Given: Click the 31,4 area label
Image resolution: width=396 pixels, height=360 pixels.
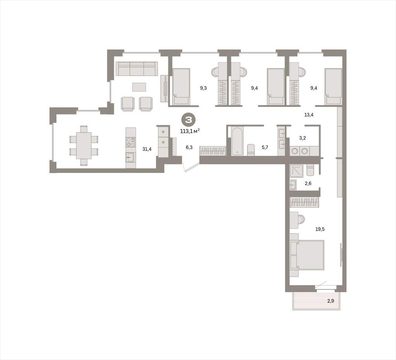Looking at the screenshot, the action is pos(147,149).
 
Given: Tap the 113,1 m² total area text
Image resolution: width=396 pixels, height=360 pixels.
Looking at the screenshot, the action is pos(190,131).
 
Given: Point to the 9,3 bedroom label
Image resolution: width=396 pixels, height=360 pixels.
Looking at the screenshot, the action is pos(203,88).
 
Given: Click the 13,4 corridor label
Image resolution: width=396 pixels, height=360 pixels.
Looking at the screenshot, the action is pos(309,115).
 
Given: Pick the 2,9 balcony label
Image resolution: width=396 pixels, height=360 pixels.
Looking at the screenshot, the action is pos(331,301).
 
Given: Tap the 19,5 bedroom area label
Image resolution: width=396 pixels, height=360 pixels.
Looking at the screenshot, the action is pos(320,229).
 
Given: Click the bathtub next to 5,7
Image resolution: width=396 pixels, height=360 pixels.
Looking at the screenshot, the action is pos(237,141).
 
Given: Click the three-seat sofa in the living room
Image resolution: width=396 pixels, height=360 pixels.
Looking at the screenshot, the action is pos(137,69).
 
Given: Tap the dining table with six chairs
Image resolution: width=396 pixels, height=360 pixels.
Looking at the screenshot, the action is pos(84,146).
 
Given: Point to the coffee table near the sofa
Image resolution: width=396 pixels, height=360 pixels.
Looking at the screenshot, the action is pos(139,87).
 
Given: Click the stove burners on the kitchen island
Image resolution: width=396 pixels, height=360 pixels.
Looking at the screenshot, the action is pos(131,142).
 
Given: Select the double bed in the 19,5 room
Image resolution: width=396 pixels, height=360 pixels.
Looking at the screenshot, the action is pos(307,255).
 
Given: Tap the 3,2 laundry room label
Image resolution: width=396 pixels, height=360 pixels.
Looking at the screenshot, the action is pos(302,138).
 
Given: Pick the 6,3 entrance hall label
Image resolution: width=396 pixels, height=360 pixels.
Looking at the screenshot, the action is pos(189,147).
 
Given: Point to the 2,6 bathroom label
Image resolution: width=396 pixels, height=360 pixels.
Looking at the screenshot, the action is pos(308,183).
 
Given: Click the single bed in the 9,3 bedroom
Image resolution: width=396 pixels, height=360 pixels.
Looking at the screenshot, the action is pos(181,86).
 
